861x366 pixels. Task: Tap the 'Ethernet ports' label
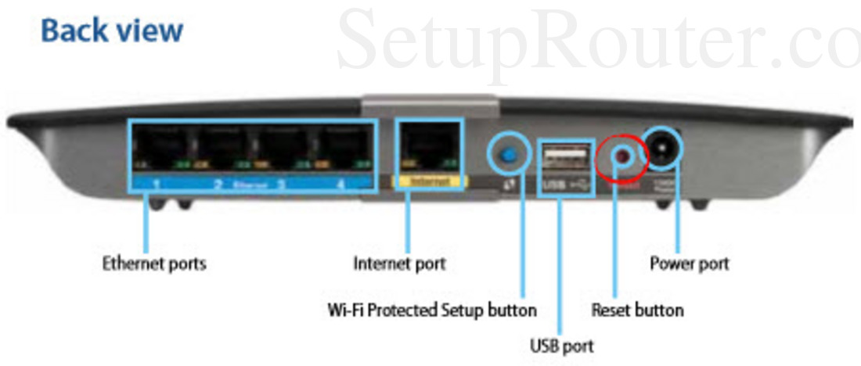[x=154, y=264]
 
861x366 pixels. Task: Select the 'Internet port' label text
[x=399, y=264]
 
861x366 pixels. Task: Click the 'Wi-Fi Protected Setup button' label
[x=432, y=310]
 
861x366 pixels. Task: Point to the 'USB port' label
[x=562, y=345]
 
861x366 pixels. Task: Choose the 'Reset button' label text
[x=637, y=310]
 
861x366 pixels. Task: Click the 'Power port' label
[x=689, y=264]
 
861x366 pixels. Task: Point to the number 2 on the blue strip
[x=218, y=185]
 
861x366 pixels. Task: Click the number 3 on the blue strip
[x=279, y=185]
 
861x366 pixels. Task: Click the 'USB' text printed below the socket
[x=550, y=185]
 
